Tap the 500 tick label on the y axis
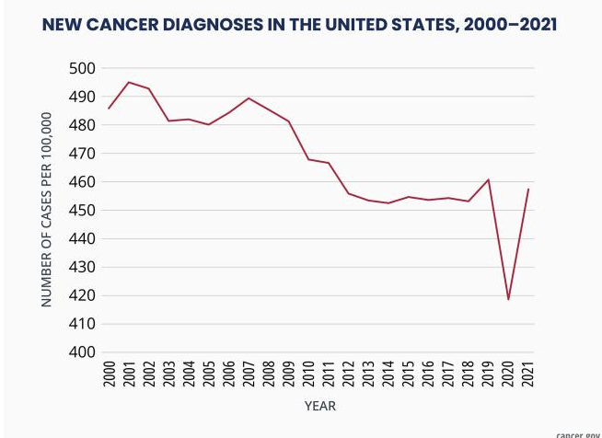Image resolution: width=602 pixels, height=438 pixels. point(83,68)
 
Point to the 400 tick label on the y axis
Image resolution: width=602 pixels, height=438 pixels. point(83,352)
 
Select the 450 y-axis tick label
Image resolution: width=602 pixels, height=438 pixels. point(83,210)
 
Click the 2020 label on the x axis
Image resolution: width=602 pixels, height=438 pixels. point(508,373)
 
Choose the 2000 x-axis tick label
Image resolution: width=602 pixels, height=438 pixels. point(110,373)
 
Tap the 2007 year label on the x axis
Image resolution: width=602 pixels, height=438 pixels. point(249,373)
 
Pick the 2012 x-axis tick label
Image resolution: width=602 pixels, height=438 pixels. point(349,373)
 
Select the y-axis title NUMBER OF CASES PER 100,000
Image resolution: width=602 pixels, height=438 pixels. point(47,210)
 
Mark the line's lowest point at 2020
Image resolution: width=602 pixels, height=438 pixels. point(508,299)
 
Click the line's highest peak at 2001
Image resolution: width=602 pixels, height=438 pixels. point(129,82)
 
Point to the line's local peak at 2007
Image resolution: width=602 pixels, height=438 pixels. point(249,98)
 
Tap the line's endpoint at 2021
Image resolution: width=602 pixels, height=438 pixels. point(528,189)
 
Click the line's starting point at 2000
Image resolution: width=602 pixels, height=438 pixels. point(109,109)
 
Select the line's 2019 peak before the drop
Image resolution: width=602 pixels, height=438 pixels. point(488,179)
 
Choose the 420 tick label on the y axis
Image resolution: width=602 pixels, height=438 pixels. point(83,295)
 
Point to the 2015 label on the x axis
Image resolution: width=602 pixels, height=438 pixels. point(409,373)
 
